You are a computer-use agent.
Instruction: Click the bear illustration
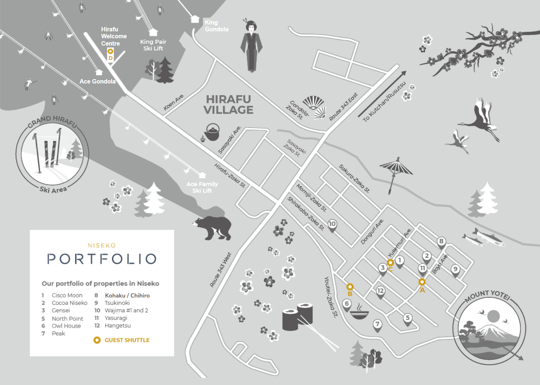coord(213,227)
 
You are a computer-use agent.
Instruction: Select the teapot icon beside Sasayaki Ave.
coord(211,132)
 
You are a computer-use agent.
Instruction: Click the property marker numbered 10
coord(332,225)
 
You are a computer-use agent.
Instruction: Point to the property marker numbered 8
coord(441,242)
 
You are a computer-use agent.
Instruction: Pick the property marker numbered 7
coord(378,324)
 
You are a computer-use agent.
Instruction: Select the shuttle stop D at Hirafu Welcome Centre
coord(110,52)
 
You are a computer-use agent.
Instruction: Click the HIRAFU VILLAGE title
coord(229,105)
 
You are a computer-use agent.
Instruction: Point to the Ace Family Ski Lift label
coord(202,187)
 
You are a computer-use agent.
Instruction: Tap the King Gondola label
coord(217,26)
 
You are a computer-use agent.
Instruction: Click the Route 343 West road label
coord(221,270)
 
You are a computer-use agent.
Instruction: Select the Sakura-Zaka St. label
coord(354,178)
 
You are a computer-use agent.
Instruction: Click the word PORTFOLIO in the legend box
coord(102,259)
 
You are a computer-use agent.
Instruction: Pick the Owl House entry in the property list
coord(66,326)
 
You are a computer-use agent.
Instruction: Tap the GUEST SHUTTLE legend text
coord(127,340)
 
